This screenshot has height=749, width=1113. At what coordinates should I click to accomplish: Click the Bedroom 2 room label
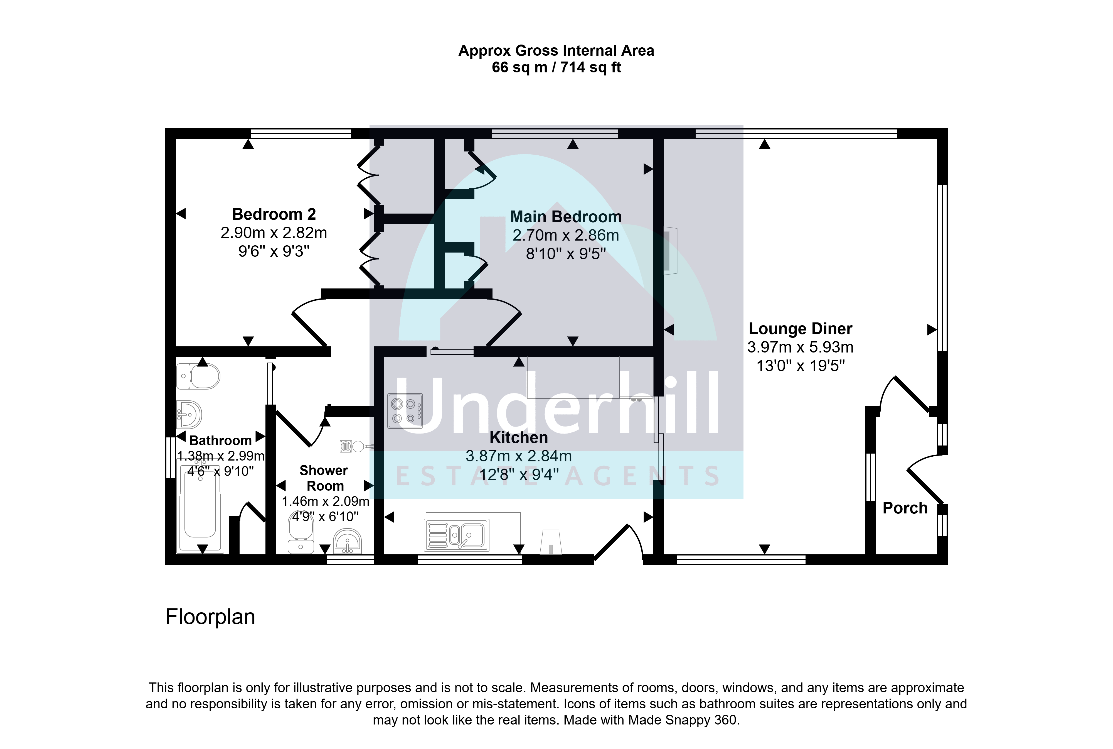[274, 214]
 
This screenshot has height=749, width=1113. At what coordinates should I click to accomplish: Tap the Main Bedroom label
[566, 217]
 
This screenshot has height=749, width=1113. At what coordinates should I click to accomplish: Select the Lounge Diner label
[801, 329]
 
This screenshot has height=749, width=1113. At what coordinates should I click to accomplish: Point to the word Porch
[905, 508]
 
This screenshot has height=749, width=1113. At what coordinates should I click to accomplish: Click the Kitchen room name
[518, 437]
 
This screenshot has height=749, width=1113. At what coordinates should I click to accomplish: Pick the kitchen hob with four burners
[405, 411]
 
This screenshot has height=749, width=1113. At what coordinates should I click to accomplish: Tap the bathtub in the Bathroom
[200, 506]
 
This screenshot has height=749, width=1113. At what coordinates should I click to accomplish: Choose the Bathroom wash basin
[189, 415]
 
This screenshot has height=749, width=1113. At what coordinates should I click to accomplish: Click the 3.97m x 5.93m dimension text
[801, 347]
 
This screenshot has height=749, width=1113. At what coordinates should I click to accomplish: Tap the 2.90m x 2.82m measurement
[274, 233]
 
